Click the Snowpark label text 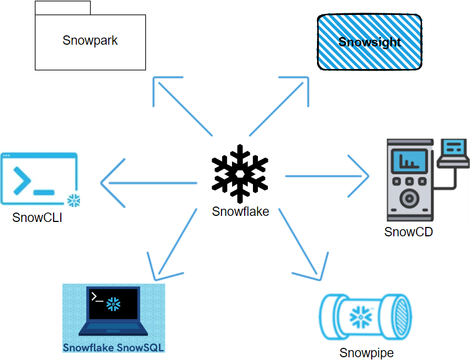(90, 40)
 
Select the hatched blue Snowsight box (369, 42)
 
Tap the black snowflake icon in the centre (240, 173)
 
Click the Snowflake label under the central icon (240, 211)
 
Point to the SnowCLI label (37, 218)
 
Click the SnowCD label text (408, 232)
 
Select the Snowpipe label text (367, 353)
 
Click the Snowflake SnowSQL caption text (114, 347)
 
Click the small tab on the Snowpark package (62, 8)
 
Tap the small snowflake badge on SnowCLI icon (72, 200)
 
